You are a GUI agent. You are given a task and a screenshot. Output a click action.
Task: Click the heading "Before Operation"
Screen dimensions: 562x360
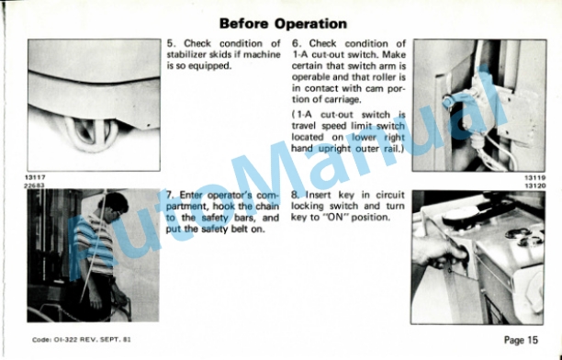283,24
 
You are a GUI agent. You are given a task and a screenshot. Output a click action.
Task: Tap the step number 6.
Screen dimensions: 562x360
296,44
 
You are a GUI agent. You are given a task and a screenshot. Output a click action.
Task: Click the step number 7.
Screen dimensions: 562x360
170,195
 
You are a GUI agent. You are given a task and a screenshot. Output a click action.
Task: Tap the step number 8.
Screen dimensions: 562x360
296,195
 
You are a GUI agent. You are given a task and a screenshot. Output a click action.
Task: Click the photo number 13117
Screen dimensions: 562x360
35,177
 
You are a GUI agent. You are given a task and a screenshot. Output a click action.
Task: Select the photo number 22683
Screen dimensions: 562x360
34,186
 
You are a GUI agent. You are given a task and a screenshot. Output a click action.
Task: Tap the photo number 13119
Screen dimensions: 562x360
535,177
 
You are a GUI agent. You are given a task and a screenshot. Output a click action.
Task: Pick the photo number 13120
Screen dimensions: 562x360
535,186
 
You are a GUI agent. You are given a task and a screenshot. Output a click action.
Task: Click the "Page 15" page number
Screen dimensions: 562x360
521,340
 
